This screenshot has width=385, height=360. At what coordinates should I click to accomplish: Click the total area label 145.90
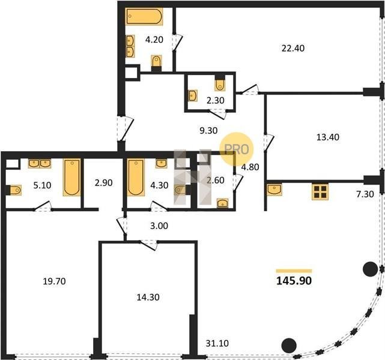pyautogui.click(x=294, y=281)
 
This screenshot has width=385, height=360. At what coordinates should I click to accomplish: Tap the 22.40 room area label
pyautogui.click(x=293, y=48)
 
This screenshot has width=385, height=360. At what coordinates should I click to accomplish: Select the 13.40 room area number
pyautogui.click(x=328, y=137)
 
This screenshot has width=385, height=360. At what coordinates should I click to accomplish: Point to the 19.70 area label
pyautogui.click(x=54, y=281)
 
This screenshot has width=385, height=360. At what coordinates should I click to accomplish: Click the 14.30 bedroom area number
pyautogui.click(x=148, y=297)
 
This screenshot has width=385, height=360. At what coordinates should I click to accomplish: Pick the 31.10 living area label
pyautogui.click(x=217, y=343)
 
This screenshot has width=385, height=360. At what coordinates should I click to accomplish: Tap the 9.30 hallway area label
pyautogui.click(x=208, y=130)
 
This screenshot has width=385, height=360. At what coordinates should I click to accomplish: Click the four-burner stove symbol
pyautogui.click(x=320, y=191)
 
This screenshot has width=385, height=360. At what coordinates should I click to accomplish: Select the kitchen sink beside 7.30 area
pyautogui.click(x=274, y=190)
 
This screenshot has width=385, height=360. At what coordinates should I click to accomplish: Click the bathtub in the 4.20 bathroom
pyautogui.click(x=144, y=16)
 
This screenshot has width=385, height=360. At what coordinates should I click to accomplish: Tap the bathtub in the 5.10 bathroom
pyautogui.click(x=71, y=178)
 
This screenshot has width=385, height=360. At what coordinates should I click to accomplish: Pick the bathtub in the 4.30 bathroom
pyautogui.click(x=136, y=178)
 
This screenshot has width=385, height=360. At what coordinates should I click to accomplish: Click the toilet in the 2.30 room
pyautogui.click(x=220, y=84)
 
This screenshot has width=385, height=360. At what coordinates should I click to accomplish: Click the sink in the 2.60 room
pyautogui.click(x=222, y=203)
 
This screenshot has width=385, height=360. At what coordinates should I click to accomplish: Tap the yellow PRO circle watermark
pyautogui.click(x=236, y=149)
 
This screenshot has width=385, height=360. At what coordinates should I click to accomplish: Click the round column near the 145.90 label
pyautogui.click(x=370, y=269)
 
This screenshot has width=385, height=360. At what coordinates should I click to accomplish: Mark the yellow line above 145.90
pyautogui.click(x=294, y=271)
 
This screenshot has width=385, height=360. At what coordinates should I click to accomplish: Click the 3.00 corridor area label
pyautogui.click(x=159, y=226)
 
